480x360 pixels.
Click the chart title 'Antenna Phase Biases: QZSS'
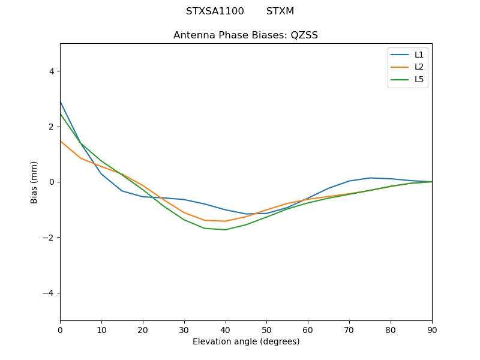pyautogui.click(x=245, y=35)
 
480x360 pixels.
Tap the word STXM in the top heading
pyautogui.click(x=280, y=11)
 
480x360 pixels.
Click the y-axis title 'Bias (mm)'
pyautogui.click(x=34, y=182)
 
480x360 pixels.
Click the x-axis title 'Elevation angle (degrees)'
pyautogui.click(x=245, y=342)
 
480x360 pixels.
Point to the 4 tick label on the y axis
pyautogui.click(x=51, y=71)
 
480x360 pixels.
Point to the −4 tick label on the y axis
pyautogui.click(x=49, y=293)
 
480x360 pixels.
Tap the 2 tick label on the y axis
pyautogui.click(x=51, y=127)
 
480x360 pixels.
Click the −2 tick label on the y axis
pyautogui.click(x=49, y=238)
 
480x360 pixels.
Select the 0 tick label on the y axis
pyautogui.click(x=51, y=182)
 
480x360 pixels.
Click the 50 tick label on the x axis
pyautogui.click(x=266, y=329)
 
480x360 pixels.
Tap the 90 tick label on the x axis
pyautogui.click(x=431, y=329)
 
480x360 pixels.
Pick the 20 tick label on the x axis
pyautogui.click(x=143, y=329)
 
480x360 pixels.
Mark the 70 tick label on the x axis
pyautogui.click(x=349, y=329)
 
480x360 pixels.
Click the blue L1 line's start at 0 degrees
pyautogui.click(x=61, y=102)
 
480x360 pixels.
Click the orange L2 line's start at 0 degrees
pyautogui.click(x=61, y=141)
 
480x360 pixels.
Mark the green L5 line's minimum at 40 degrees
pyautogui.click(x=225, y=230)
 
